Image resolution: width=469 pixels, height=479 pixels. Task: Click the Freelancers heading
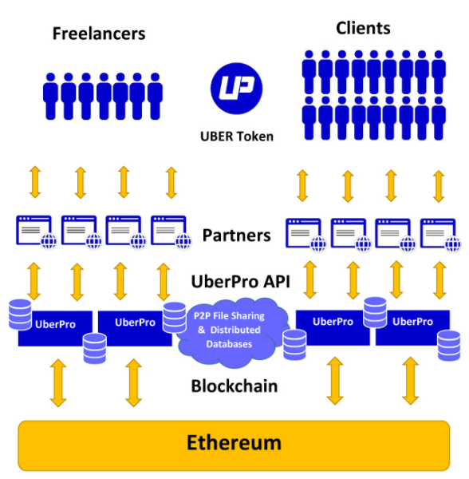(99, 34)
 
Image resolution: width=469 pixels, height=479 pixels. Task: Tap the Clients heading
(363, 29)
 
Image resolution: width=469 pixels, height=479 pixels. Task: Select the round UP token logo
(236, 89)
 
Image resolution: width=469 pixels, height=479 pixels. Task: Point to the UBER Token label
(237, 137)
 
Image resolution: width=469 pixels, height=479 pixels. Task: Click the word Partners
(236, 236)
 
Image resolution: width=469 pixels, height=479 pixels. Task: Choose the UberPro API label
(240, 281)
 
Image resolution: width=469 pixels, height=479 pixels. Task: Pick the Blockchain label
(235, 386)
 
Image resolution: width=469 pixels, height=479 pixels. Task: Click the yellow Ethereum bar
(234, 445)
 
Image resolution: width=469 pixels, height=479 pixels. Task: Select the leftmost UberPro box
(55, 329)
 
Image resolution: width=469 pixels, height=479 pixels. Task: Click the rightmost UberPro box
(412, 328)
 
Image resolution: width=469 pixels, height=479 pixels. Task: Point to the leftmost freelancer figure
(50, 96)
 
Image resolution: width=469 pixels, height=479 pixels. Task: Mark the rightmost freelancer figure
(155, 96)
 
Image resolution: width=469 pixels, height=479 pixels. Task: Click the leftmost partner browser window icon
(37, 232)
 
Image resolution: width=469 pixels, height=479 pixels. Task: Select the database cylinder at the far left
(20, 315)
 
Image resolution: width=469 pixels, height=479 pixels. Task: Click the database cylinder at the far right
(449, 346)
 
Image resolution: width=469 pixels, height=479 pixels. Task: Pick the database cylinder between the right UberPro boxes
(375, 312)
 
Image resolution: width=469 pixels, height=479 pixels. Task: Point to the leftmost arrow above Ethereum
(58, 382)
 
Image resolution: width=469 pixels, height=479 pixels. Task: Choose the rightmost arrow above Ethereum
(411, 381)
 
